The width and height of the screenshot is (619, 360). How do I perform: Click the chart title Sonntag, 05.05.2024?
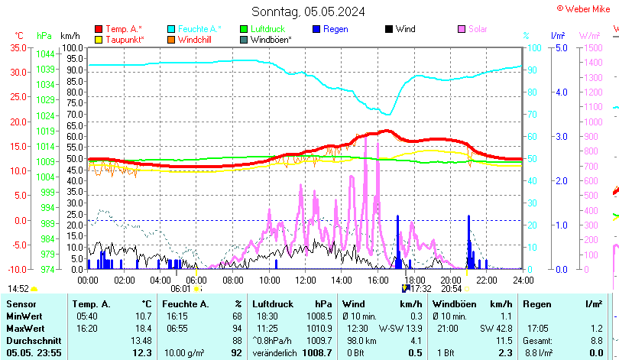308,11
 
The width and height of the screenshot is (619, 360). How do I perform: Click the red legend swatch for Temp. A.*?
99,29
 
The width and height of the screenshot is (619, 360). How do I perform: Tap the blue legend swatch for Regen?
316,29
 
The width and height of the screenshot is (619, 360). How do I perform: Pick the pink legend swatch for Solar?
462,29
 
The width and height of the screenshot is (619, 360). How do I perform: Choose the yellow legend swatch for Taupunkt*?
99,39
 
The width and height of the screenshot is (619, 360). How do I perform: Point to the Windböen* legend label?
271,39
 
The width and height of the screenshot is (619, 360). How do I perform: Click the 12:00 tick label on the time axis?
306,280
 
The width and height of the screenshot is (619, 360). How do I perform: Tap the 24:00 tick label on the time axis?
523,280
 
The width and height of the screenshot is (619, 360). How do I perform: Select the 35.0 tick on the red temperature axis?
18,47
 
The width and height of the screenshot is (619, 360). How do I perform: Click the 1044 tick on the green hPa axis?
45,54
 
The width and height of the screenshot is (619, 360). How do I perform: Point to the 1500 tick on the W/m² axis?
594,47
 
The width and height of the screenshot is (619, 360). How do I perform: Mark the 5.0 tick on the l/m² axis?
560,47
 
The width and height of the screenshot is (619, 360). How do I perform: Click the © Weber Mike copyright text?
586,8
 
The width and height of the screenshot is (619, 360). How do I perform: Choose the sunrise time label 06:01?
180,289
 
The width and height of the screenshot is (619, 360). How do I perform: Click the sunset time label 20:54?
452,289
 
